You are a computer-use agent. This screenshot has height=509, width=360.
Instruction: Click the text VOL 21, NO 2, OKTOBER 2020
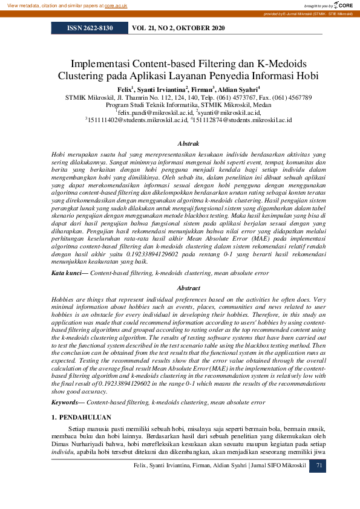coord(178,28)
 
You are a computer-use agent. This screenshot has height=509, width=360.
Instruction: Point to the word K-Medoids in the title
coord(281,63)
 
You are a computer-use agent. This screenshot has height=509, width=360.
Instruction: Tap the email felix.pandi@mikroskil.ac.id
coord(156,112)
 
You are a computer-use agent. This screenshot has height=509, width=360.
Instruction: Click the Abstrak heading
coord(188,144)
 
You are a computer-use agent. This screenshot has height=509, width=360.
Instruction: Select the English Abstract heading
coord(188,289)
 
